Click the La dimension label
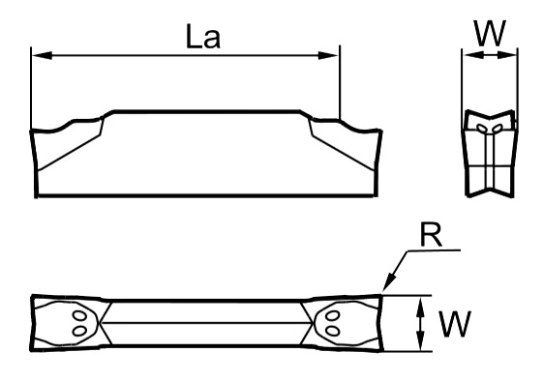[x=203, y=37]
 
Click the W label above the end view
[x=490, y=33]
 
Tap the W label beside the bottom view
[x=455, y=324]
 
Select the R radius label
[x=431, y=235]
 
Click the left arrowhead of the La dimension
[x=42, y=55]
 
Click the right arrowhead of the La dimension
[x=328, y=55]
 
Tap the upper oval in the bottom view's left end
[x=80, y=316]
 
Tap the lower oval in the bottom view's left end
[x=79, y=331]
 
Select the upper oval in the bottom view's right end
[x=333, y=316]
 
